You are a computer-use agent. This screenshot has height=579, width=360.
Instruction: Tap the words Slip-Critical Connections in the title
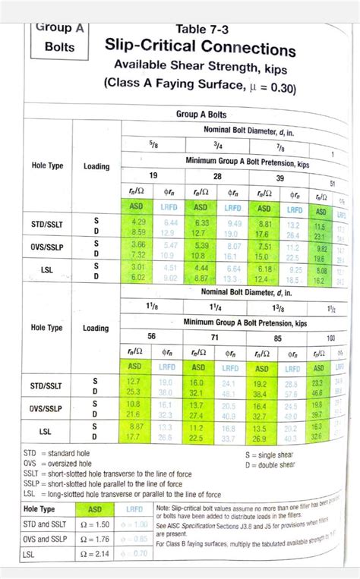pos(201,50)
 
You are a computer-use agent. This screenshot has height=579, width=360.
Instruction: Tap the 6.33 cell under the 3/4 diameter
pos(201,222)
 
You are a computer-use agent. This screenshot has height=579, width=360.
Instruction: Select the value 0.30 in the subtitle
pos(254,89)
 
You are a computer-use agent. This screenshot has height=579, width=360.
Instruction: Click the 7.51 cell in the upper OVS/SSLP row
pos(264,245)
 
